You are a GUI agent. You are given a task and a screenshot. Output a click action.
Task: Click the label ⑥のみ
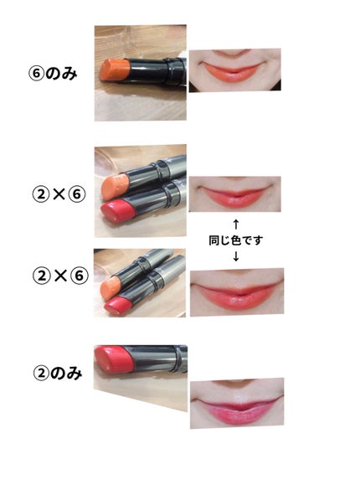coord(52,74)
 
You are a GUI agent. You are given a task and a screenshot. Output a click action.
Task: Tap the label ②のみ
coord(57,374)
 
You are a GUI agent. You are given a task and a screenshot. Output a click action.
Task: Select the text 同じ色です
coord(235,240)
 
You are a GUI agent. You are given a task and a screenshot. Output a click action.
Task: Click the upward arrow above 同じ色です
coord(235,224)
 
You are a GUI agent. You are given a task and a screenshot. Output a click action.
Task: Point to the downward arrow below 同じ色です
coord(235,256)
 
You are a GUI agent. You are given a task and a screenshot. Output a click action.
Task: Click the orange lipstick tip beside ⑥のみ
coord(116,70)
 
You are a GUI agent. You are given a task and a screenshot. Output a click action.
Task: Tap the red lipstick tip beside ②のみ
coord(113,359)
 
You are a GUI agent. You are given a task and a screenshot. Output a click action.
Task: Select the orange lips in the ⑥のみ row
coord(233,72)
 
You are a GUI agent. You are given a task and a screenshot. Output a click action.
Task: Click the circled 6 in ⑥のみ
coord(36,74)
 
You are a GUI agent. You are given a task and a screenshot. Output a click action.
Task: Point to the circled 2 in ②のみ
coord(41,374)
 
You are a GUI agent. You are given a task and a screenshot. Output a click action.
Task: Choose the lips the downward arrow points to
coord(237,296)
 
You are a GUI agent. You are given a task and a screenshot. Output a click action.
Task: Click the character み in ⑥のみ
coord(69,74)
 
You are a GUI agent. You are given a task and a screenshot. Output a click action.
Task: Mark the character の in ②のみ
coord(57,374)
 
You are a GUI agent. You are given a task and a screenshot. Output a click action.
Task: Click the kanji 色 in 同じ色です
coord(236,240)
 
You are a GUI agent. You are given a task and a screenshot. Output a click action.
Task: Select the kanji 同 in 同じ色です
coord(214,240)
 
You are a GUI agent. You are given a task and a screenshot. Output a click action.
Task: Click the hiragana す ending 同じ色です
coord(258,240)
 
